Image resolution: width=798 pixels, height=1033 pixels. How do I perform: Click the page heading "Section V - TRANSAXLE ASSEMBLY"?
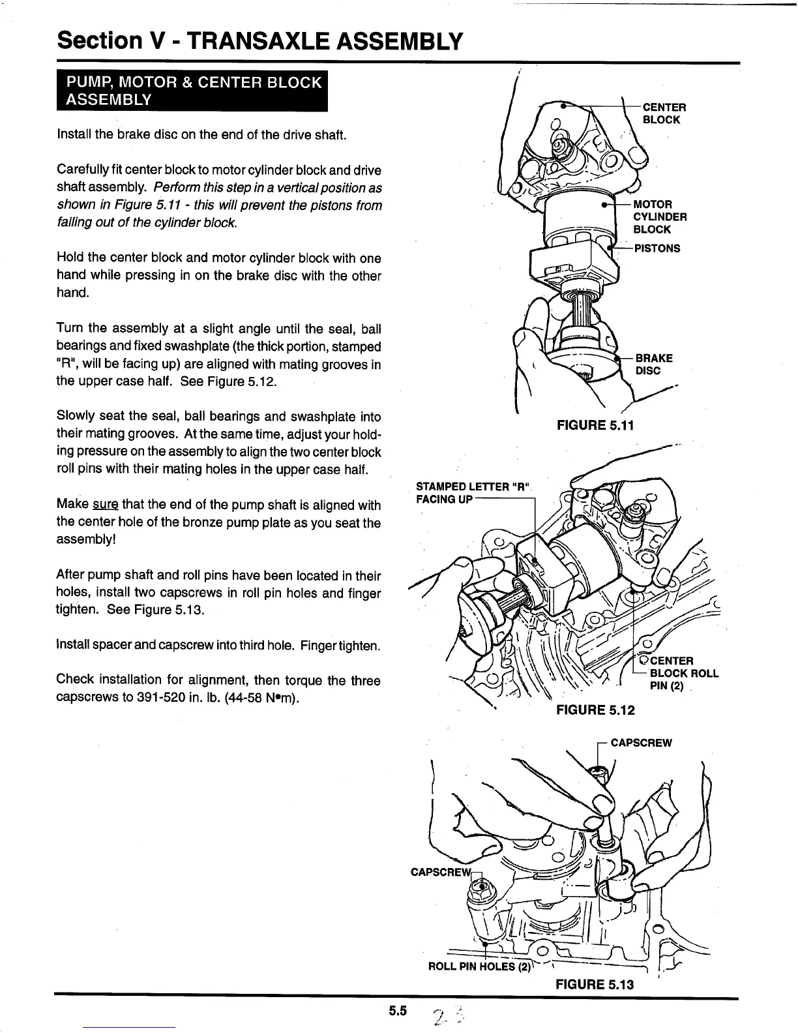pos(260,41)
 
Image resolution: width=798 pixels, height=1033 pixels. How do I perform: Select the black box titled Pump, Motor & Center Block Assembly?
pos(192,91)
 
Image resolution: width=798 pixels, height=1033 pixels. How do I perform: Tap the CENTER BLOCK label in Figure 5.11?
pos(664,113)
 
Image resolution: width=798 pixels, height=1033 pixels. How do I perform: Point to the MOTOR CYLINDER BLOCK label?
pos(659,217)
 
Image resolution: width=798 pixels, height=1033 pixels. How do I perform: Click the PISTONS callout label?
pos(657,248)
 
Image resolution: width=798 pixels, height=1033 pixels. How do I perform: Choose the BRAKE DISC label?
pos(653,365)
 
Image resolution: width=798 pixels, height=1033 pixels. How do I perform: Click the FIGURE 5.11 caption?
pos(595,426)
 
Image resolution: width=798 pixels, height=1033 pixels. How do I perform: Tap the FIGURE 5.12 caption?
pos(595,710)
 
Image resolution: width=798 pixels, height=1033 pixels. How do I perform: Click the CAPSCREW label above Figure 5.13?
pos(641,743)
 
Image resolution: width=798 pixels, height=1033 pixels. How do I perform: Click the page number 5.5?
pos(398,1011)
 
